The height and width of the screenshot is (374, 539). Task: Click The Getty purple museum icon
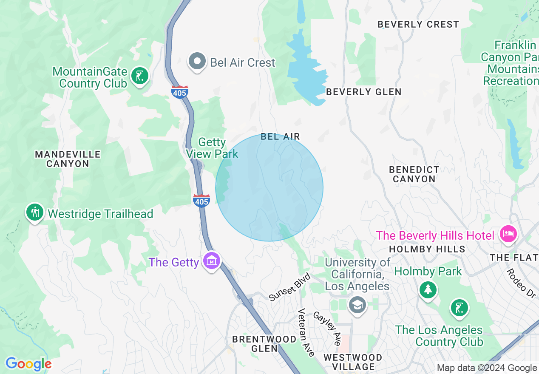[212, 260]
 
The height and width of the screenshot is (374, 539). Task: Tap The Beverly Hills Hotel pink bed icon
[508, 234]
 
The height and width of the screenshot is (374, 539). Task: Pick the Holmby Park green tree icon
[428, 290]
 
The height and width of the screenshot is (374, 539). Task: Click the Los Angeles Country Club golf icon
[459, 308]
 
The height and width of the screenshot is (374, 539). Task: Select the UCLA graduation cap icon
[357, 304]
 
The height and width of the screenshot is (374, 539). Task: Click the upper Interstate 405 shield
[180, 92]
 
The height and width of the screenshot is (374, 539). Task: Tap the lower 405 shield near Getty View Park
[201, 201]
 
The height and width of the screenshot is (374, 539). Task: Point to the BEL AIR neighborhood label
[281, 136]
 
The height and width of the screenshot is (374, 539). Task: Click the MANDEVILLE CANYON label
[68, 159]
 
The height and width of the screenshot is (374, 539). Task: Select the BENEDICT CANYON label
[414, 174]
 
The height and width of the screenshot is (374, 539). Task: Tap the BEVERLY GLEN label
[363, 92]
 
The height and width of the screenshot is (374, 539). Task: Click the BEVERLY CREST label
[418, 24]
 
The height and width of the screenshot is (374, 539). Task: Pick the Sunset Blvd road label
[290, 288]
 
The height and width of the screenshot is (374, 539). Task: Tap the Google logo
[28, 364]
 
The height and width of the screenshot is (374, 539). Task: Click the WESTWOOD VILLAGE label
[352, 362]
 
